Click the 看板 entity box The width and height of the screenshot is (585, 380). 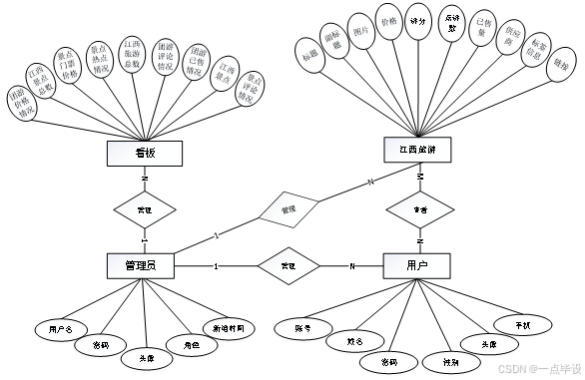coord(145,154)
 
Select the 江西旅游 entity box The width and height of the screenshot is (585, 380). coord(417,150)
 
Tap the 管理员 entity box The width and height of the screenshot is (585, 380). coord(140,265)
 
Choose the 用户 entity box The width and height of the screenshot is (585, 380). coord(417,265)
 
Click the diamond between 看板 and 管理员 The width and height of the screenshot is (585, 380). coord(145,209)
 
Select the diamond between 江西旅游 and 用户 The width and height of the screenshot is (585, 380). coord(420,209)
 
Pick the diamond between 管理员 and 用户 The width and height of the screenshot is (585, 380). coord(289,265)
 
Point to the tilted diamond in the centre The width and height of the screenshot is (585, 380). coord(289,209)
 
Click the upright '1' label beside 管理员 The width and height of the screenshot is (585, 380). coord(216,266)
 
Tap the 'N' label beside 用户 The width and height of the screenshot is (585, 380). coord(351,266)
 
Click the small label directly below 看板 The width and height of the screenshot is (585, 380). coord(145,179)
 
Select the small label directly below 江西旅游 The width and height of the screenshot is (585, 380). coord(420,177)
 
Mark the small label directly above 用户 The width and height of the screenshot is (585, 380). coord(420,240)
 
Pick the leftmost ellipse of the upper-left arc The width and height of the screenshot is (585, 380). coord(20,103)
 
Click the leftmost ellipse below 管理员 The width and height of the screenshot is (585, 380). coord(62,330)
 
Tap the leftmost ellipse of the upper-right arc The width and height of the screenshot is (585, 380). coord(310,54)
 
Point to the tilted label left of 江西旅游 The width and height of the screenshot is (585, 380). coord(370,182)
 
